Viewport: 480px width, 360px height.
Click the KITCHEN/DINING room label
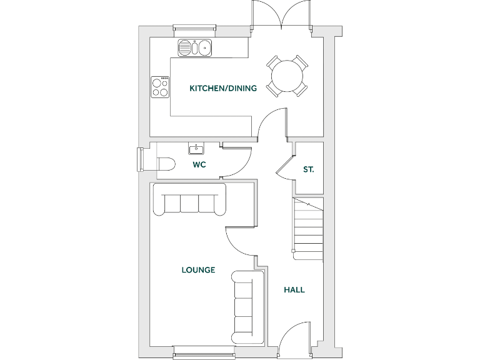tap(223, 88)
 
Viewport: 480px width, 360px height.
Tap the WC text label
tap(199, 165)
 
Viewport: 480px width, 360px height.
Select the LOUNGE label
tap(198, 270)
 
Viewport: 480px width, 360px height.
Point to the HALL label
tap(294, 289)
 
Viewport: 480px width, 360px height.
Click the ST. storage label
tap(308, 169)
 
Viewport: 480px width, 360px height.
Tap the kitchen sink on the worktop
tap(196, 47)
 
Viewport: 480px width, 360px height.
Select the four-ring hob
tap(161, 87)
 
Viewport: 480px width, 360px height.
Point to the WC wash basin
tap(197, 149)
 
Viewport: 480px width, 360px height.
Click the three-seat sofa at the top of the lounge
tap(189, 200)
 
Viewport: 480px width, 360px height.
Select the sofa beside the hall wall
tap(244, 306)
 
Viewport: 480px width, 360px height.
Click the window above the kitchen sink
tap(194, 28)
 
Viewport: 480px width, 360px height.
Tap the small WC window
tap(141, 159)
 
